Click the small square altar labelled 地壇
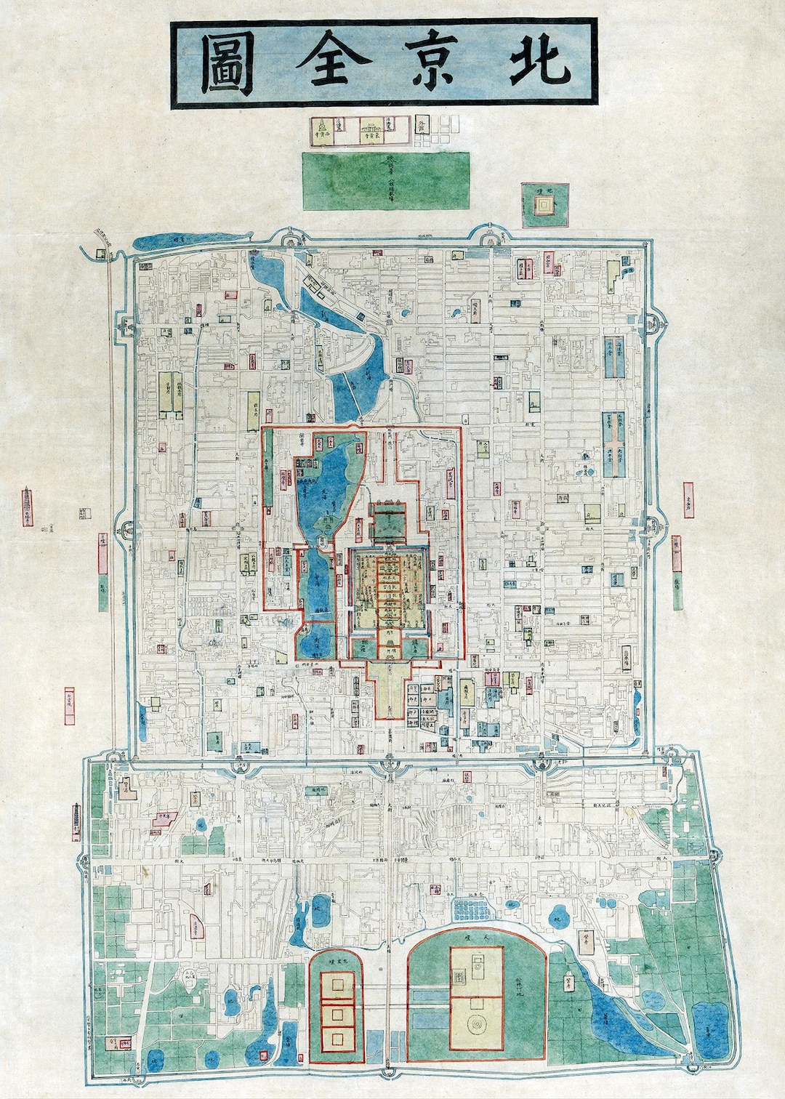[544, 205]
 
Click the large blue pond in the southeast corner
[709, 1028]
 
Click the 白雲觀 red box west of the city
[70, 706]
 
